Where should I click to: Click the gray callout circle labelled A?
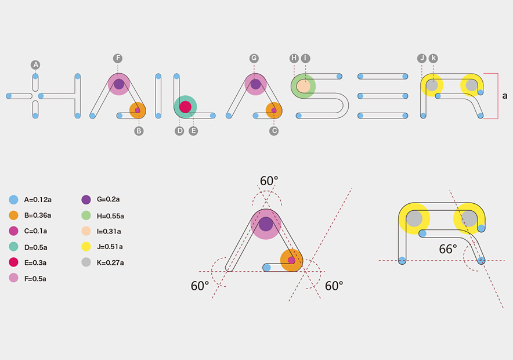[35, 64]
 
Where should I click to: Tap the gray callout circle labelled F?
[118, 58]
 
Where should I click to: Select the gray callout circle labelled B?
[139, 131]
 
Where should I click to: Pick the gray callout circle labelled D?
[180, 131]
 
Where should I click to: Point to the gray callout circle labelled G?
[254, 58]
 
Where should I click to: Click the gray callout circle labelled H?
[294, 58]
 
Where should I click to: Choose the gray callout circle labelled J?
[422, 58]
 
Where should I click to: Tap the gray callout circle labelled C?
[274, 131]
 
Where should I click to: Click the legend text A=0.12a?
[38, 199]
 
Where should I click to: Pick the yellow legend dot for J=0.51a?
[86, 247]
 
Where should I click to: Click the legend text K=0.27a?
[110, 263]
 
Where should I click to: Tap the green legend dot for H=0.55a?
[86, 215]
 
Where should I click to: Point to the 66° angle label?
[448, 249]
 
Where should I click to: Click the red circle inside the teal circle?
[185, 107]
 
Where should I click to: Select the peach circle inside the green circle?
[304, 86]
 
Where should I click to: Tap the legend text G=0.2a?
[108, 199]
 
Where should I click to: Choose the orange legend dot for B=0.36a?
[14, 215]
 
